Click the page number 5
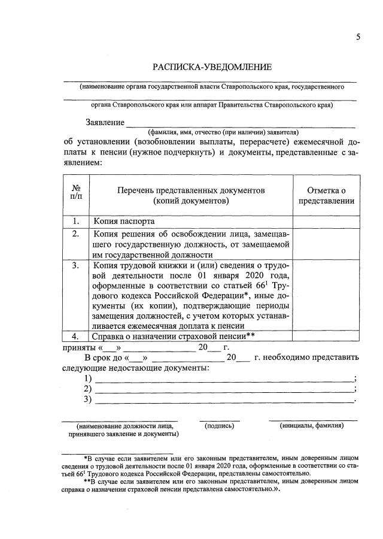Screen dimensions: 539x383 (358, 37)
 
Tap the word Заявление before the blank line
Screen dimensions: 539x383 (104, 122)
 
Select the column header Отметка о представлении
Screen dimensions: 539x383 (326, 195)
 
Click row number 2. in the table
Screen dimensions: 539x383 (77, 234)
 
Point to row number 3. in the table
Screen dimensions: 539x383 (77, 265)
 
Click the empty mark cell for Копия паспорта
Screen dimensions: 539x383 (326, 221)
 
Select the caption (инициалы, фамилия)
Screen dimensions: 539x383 (312, 426)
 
